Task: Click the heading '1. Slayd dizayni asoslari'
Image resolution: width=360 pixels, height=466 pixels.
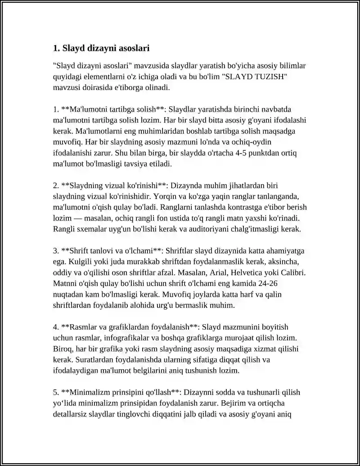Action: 101,48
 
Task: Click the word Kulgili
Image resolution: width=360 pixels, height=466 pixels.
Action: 65,262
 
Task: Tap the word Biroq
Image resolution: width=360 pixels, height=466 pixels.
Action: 63,349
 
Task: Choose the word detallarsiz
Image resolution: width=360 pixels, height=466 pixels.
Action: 71,414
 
